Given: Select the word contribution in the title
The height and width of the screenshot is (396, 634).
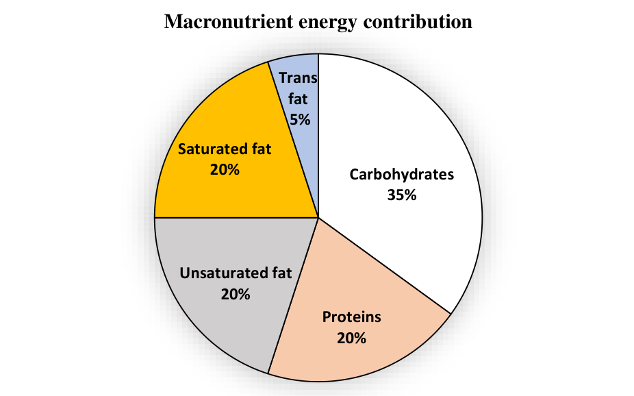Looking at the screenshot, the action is (418, 21).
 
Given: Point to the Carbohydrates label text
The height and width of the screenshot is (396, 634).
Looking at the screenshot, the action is (401, 174).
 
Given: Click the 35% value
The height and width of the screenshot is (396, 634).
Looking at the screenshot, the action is (401, 195).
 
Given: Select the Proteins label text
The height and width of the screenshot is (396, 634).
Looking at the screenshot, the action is (351, 317).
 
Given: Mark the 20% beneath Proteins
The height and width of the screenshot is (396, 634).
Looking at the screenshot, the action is (351, 338).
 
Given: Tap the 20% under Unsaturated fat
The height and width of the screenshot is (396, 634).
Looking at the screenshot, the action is (236, 295).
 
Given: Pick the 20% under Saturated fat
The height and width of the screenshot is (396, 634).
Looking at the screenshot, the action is (225, 170).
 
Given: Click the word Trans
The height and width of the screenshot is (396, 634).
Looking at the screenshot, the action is (298, 77).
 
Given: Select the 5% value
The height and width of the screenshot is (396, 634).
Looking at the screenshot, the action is (300, 120).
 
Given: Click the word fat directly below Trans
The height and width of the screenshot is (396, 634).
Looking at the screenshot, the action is (298, 99).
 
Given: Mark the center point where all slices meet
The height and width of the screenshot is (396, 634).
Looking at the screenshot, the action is (318, 218).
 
